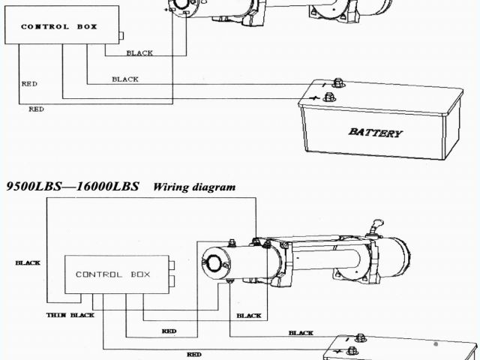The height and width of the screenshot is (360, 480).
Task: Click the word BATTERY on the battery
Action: coord(375,133)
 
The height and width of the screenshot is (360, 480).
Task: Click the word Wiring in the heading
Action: coord(172,187)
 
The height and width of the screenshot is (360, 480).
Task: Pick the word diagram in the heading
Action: coord(214,187)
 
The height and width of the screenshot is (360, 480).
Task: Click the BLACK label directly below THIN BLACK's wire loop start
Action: coord(249,316)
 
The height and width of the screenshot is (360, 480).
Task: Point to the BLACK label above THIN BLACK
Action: coord(28,263)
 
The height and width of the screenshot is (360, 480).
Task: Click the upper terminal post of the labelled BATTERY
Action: coord(337,82)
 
